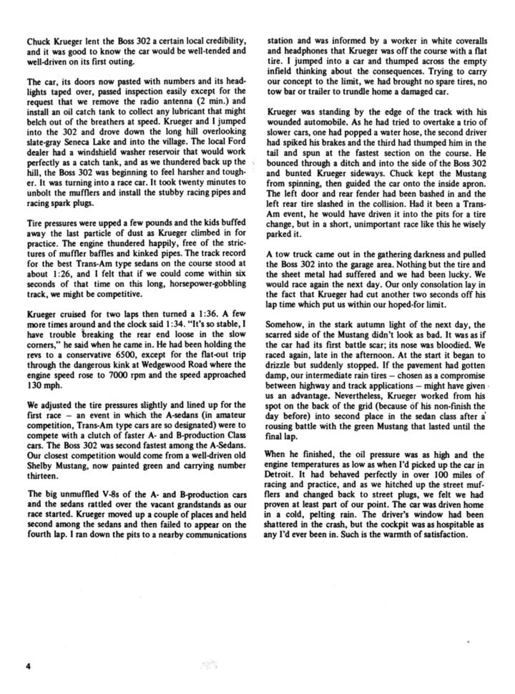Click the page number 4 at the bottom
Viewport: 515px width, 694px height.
pyautogui.click(x=28, y=665)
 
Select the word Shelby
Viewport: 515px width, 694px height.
pyautogui.click(x=39, y=465)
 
